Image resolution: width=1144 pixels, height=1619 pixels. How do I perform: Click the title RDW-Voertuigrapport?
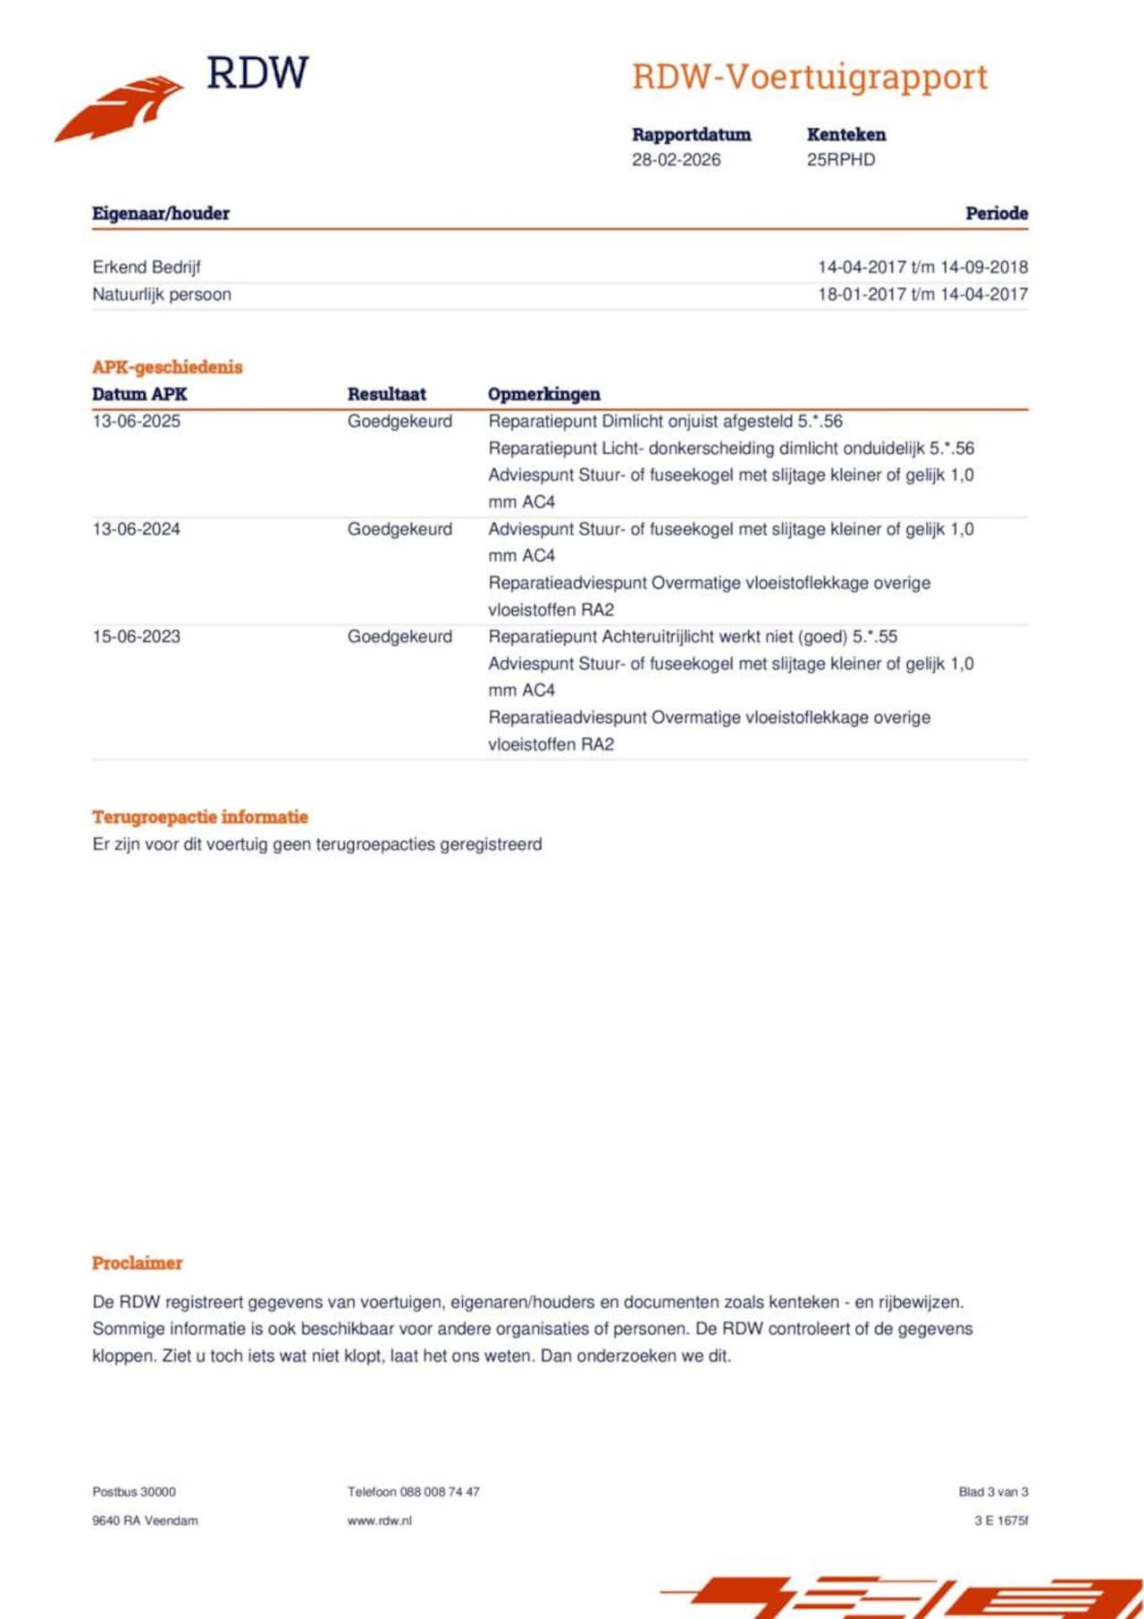point(810,77)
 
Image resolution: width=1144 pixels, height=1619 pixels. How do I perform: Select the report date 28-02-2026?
point(676,160)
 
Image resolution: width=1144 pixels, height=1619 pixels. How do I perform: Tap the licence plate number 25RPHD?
point(840,160)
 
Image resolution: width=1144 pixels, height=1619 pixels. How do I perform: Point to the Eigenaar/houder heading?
point(161,214)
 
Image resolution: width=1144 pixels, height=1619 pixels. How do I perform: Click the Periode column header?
point(996,214)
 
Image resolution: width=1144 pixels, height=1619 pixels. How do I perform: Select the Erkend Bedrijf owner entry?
point(147,267)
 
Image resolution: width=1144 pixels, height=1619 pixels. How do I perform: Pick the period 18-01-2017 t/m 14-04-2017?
point(922,294)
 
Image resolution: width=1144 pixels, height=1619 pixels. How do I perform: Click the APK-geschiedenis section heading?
point(167,367)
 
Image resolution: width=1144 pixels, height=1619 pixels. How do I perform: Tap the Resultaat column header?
point(386,394)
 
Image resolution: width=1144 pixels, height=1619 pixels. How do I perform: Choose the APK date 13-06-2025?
point(136,421)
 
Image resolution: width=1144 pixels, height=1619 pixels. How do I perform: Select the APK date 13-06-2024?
point(136,529)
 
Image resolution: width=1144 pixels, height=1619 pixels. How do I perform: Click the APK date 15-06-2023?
point(136,636)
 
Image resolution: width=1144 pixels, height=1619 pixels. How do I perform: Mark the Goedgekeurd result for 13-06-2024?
point(400,529)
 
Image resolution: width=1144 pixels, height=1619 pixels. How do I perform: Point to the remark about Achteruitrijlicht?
point(693,636)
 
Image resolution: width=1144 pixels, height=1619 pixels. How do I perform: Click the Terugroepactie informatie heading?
point(200,817)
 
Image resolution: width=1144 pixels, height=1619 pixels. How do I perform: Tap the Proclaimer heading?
point(137,1262)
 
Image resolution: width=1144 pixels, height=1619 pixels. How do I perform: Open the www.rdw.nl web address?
point(380,1520)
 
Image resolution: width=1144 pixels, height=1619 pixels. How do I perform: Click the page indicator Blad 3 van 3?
point(993,1491)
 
